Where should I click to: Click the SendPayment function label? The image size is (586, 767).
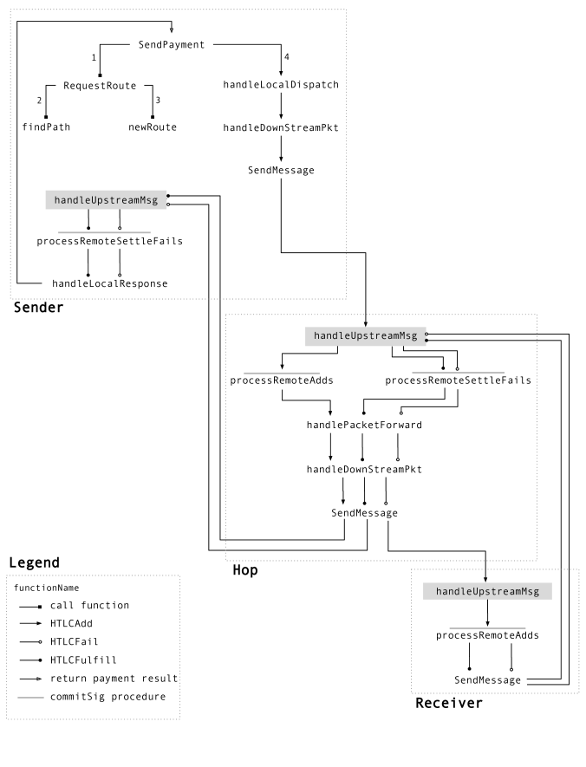(x=171, y=45)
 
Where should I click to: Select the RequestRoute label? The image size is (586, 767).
(x=100, y=86)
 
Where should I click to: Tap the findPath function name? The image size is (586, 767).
(x=46, y=127)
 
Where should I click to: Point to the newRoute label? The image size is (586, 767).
(x=152, y=127)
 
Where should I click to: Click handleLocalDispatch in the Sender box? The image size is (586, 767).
(x=281, y=85)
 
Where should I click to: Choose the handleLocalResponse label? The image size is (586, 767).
(x=109, y=283)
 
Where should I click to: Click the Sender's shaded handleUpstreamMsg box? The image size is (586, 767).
(x=106, y=200)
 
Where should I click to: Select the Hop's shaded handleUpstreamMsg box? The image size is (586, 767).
(x=366, y=336)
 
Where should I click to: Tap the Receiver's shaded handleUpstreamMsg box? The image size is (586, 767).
(x=487, y=591)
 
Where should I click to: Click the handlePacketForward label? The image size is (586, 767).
(x=364, y=425)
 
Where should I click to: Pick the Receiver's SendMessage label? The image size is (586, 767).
(x=487, y=680)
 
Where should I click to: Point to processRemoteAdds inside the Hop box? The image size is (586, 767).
(x=281, y=380)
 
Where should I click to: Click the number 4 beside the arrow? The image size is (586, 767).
(x=287, y=56)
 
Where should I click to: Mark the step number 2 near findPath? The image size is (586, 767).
(x=39, y=101)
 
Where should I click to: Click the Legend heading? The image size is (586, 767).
(x=34, y=563)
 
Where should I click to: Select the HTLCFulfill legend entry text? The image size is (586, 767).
(x=83, y=660)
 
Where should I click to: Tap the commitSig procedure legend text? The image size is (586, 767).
(x=107, y=697)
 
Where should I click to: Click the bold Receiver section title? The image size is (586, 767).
(x=448, y=704)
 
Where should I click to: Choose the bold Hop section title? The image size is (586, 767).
(x=245, y=570)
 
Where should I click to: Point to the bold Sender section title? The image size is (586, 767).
(x=39, y=308)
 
